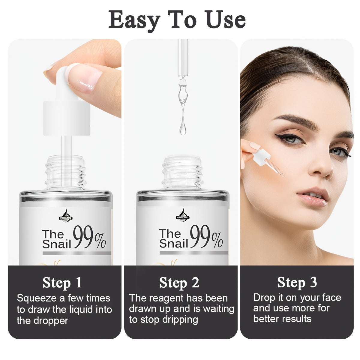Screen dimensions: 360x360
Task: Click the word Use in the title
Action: tap(226, 19)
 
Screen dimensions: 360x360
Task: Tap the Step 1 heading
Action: tap(62, 283)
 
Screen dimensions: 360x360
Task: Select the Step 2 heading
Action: tap(179, 283)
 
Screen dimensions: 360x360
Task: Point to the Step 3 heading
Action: tap(297, 283)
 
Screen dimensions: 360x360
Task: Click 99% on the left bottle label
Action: tap(89, 237)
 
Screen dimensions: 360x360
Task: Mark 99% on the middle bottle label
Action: tap(206, 237)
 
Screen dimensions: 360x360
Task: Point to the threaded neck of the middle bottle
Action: tap(182, 173)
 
